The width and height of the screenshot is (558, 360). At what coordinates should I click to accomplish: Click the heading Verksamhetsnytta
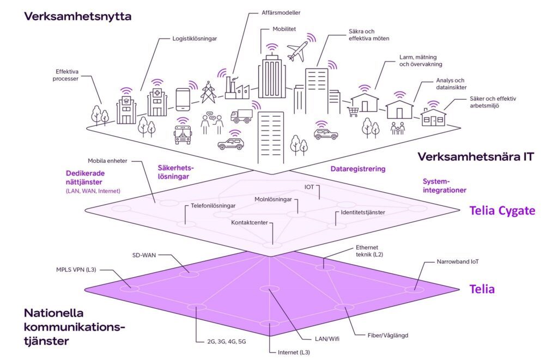[77, 17]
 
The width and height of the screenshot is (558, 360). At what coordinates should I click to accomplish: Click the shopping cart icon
[353, 112]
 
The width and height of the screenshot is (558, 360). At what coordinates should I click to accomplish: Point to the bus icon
[183, 134]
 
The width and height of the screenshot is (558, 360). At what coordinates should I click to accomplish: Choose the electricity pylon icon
[208, 94]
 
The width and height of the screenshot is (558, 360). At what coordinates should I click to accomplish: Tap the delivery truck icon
[241, 116]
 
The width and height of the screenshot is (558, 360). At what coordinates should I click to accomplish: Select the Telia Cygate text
[502, 210]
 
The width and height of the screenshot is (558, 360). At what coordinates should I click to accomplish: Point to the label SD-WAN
[144, 254]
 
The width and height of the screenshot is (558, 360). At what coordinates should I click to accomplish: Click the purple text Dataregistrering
[357, 169]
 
